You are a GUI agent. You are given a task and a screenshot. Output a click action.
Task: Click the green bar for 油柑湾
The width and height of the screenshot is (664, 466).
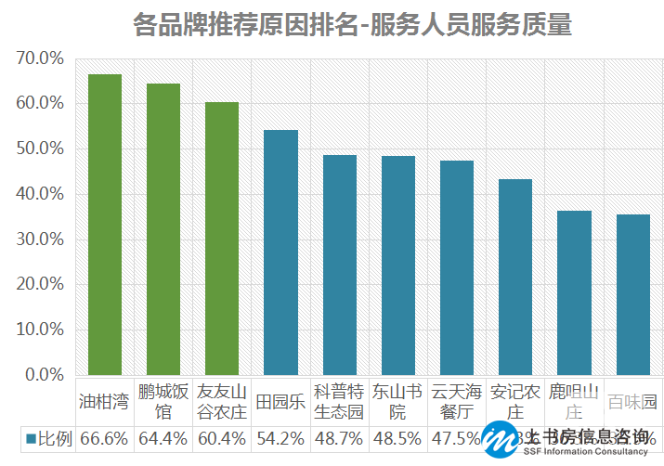point(104,225)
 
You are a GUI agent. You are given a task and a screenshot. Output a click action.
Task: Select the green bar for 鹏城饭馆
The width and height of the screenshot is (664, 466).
point(163,229)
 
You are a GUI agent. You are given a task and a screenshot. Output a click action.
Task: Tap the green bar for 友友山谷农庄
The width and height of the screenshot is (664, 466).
point(222,239)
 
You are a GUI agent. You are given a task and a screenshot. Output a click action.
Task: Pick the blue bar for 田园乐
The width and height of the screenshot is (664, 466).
point(280,252)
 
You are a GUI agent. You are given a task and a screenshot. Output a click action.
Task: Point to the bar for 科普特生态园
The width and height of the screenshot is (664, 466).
point(339,265)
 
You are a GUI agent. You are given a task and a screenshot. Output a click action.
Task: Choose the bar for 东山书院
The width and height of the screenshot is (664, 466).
point(398,265)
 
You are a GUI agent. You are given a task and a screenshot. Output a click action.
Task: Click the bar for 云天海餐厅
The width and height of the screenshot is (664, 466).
point(457,267)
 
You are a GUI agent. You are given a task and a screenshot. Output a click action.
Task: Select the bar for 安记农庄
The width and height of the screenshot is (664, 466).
point(515,277)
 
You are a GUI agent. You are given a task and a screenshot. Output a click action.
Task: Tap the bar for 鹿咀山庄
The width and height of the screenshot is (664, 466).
point(574,292)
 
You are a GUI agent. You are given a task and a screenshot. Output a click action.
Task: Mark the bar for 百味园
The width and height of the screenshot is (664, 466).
point(632,294)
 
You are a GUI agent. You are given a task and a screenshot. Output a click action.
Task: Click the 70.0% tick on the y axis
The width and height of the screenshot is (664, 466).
point(40,58)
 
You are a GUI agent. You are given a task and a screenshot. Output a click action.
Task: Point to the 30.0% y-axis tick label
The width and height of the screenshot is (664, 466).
point(40,239)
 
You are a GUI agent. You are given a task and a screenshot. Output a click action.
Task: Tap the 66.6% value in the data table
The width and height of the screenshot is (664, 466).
point(104,438)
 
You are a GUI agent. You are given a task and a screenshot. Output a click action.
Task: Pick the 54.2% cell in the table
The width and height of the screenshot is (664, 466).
point(280,438)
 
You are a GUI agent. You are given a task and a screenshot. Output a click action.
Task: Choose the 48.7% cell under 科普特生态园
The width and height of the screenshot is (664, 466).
point(339,438)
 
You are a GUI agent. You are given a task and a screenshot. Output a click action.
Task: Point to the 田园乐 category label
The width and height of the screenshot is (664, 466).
point(280,402)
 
